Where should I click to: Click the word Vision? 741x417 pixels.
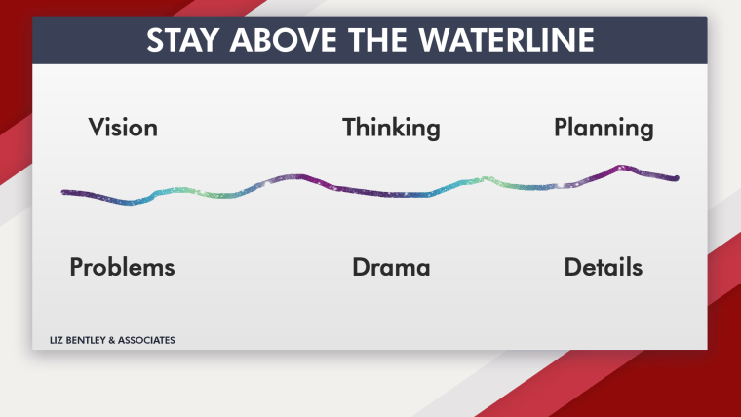[x=123, y=128]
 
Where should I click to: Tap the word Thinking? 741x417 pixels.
[x=391, y=128]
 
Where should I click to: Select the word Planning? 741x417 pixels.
[x=604, y=128]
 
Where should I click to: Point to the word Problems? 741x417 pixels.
[x=123, y=267]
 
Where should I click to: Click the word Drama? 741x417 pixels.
[x=391, y=267]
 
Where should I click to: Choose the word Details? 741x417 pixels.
[x=604, y=267]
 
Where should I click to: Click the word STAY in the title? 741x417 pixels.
[x=183, y=40]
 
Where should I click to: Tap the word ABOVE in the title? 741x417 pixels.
[x=283, y=40]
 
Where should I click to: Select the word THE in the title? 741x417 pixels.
[x=378, y=40]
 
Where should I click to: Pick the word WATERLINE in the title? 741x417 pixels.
[x=507, y=40]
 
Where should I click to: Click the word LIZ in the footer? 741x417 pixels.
[x=57, y=340]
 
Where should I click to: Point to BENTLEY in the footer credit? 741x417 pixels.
[x=83, y=340]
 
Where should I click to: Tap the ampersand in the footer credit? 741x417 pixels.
[x=109, y=340]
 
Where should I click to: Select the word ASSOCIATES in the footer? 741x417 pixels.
[x=146, y=340]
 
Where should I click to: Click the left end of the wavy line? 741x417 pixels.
[x=63, y=192]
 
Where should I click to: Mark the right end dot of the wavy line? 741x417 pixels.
[x=677, y=178]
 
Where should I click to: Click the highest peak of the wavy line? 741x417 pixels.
[x=620, y=167]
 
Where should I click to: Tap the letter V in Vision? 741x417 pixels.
[x=97, y=128]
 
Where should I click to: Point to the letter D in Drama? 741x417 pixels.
[x=361, y=267]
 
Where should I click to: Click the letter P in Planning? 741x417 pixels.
[x=561, y=128]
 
